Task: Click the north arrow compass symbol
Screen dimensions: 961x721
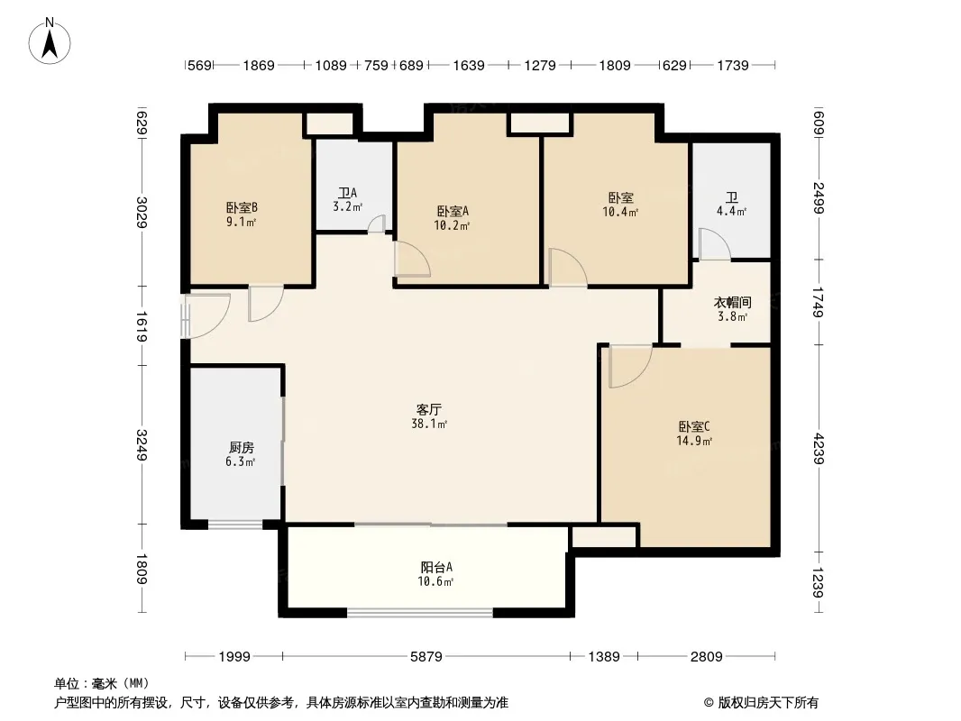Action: point(50,41)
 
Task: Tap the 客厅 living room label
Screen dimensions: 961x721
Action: point(429,409)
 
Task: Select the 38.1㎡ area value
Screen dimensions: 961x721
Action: point(429,424)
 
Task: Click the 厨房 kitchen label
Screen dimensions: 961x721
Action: point(242,447)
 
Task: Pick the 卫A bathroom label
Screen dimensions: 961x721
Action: point(347,193)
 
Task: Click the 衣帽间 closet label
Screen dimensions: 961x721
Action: point(732,302)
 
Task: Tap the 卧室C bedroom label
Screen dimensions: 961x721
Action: point(694,426)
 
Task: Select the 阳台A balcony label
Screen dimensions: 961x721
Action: point(436,567)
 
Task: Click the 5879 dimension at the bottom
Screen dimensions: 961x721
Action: point(426,657)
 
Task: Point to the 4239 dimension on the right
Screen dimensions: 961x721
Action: point(819,449)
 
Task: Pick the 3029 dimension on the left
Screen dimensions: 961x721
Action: point(142,212)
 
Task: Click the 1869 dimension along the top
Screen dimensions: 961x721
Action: point(259,65)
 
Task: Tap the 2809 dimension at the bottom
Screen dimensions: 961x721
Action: point(706,657)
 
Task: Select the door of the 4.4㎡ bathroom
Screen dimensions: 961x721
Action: point(714,243)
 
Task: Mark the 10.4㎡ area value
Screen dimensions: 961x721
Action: point(620,212)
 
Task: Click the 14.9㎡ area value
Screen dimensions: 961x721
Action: point(694,441)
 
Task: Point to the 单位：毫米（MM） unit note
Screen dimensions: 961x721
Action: point(102,683)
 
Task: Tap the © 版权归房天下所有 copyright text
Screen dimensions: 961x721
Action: point(761,703)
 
